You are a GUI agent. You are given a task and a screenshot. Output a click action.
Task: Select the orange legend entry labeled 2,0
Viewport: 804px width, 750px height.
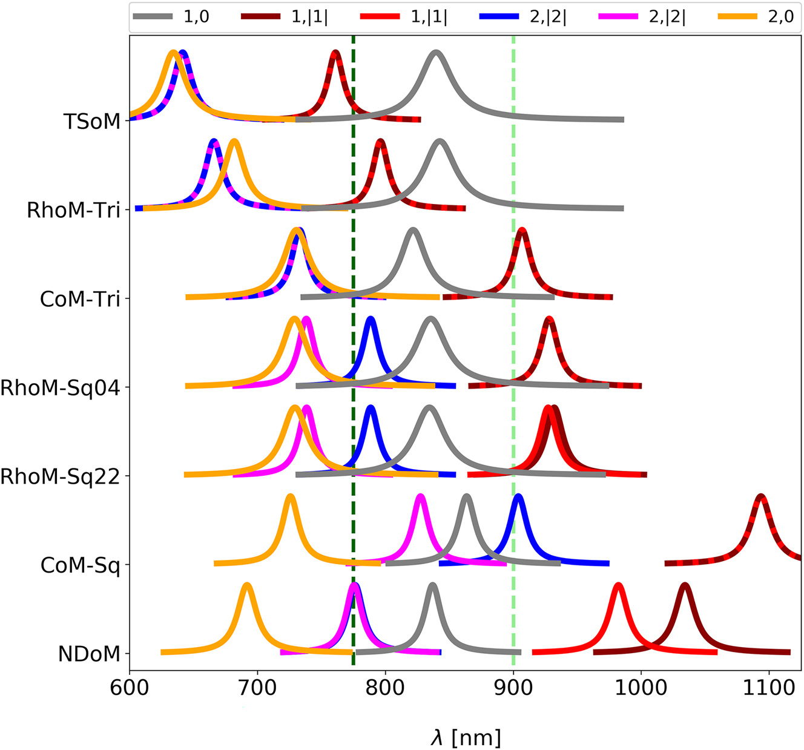click(757, 17)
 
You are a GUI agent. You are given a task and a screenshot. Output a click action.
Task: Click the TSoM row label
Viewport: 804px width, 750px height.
click(92, 122)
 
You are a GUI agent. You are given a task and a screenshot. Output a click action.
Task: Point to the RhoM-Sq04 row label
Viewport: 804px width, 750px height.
click(61, 388)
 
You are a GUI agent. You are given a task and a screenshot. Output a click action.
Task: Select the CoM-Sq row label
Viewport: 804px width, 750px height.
click(81, 565)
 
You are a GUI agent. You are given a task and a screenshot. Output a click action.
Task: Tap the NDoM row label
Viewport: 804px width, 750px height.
click(89, 654)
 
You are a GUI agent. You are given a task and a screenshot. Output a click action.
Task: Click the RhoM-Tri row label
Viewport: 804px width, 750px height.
click(74, 211)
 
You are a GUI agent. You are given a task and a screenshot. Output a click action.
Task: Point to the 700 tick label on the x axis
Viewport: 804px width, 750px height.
click(257, 688)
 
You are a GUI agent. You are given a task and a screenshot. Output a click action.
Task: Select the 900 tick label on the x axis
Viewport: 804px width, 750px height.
click(513, 688)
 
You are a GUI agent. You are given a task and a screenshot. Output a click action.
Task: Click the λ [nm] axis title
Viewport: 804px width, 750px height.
click(466, 737)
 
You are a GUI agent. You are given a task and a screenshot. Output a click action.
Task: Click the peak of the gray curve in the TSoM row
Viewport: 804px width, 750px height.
click(435, 53)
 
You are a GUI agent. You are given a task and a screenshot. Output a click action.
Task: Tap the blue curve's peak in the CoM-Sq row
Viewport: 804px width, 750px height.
click(518, 496)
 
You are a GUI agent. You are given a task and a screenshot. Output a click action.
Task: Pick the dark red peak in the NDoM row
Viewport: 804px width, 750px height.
click(685, 585)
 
